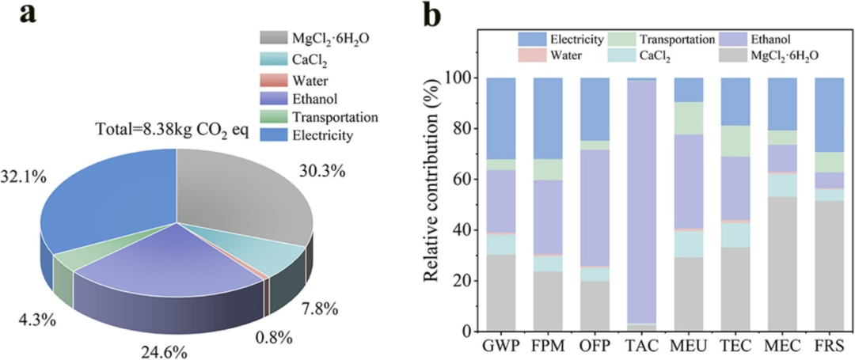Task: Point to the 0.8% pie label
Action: point(272,338)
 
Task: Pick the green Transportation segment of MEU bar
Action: point(690,119)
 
